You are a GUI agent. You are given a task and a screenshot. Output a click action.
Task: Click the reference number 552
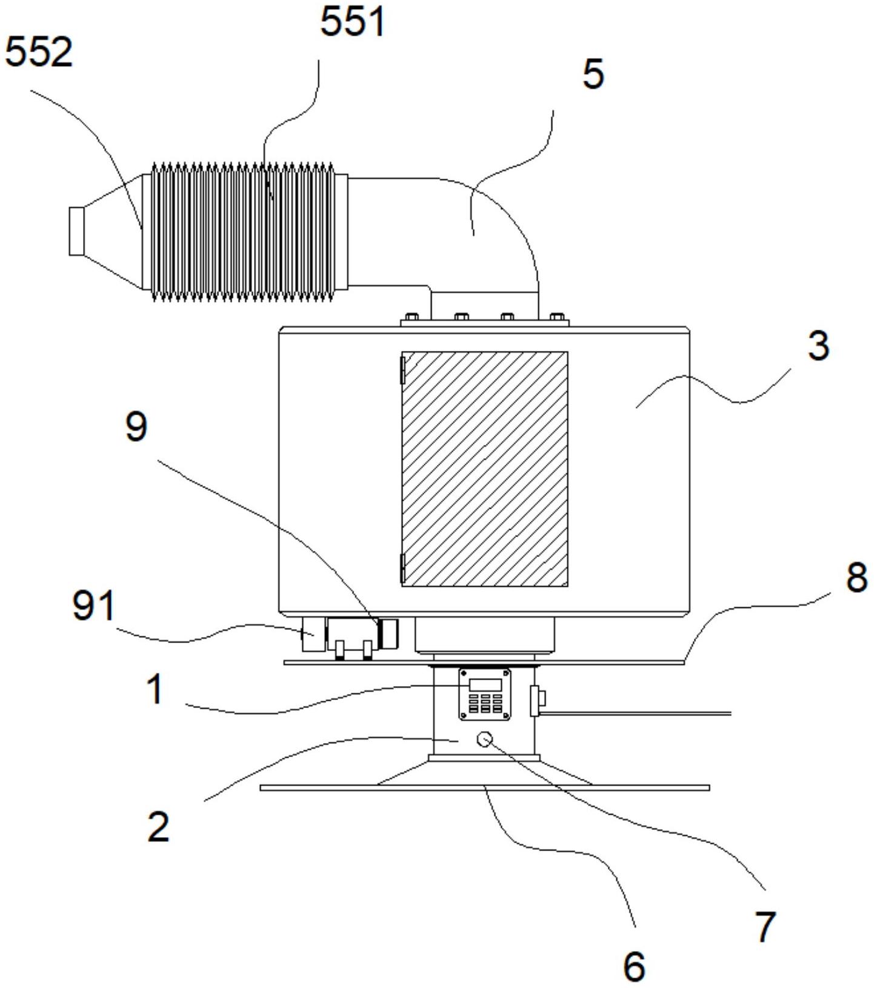pos(39,52)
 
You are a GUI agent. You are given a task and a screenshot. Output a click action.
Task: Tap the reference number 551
pos(352,23)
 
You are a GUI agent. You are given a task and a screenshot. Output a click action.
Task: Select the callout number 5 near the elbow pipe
pos(593,74)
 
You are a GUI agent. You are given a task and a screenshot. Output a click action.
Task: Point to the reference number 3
pos(818,346)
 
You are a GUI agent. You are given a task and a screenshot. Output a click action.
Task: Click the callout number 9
pos(136,427)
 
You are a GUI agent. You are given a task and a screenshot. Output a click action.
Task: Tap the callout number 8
pos(856,576)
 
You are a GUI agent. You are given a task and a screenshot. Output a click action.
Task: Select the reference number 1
pos(155,690)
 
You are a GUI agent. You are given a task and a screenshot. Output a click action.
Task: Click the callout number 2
pos(158,826)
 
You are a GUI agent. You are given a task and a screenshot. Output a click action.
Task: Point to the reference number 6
pos(634,966)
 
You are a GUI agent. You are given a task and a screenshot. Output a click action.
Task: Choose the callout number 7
pos(764,926)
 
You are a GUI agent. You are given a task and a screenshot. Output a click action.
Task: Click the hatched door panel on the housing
pos(484,469)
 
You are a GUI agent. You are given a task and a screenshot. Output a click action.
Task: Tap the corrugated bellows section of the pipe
pos(242,232)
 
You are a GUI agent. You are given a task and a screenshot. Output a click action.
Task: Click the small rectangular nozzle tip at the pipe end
pos(76,231)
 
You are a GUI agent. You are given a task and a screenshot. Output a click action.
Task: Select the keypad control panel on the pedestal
pos(484,694)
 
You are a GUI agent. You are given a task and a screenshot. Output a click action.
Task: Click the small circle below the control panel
pos(485,739)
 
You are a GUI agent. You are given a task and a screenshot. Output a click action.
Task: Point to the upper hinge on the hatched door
pos(402,370)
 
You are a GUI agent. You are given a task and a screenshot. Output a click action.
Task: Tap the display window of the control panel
pos(484,684)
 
